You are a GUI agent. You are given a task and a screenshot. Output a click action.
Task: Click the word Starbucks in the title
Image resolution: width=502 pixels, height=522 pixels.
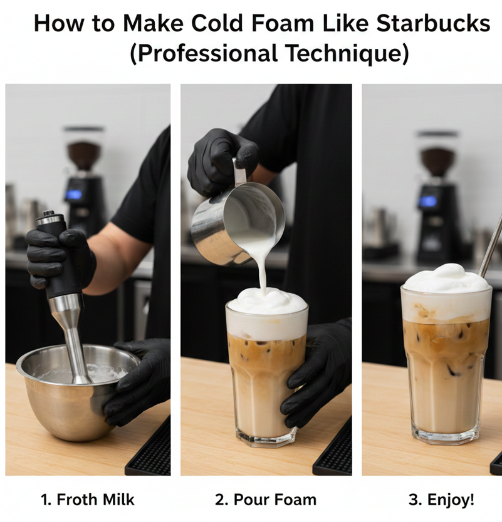coord(433,23)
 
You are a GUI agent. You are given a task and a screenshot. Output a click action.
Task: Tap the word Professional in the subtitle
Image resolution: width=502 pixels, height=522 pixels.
coord(207,53)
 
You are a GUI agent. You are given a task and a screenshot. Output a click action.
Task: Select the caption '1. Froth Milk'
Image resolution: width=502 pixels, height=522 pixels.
coord(88,499)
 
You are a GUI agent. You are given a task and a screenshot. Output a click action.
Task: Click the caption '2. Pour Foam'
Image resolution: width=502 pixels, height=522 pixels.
coord(266,499)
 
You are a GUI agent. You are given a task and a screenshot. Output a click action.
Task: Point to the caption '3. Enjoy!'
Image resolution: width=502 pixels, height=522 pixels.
coord(441,499)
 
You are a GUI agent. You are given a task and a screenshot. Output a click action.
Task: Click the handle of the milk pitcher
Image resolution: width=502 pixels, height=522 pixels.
coord(239,171)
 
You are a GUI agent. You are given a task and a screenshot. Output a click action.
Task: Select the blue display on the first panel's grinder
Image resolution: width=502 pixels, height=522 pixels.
coord(74,195)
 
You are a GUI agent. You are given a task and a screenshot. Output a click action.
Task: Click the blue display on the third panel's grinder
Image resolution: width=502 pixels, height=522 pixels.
coord(427,201)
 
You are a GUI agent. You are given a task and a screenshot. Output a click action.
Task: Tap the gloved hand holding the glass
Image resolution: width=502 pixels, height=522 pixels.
coord(316,373)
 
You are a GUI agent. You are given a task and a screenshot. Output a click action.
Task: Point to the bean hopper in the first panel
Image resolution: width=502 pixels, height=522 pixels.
coord(83,150)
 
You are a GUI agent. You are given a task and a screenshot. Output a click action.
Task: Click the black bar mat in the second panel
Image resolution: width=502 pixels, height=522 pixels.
coord(333,449)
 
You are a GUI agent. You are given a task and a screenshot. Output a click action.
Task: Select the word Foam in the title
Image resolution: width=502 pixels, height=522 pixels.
coord(283,23)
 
